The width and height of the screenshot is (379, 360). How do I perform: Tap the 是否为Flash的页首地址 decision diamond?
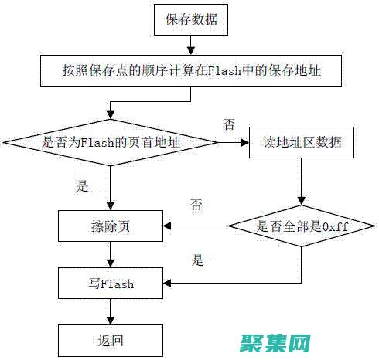tap(112, 143)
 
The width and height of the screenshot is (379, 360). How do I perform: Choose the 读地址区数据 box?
tap(302, 143)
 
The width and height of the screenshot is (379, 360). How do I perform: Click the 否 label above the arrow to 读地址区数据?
tap(229, 124)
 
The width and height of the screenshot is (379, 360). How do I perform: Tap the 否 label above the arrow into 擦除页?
tap(197, 205)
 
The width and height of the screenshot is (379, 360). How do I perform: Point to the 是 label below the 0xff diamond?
tap(197, 260)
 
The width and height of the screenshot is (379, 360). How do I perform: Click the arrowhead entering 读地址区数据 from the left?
tap(245, 143)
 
